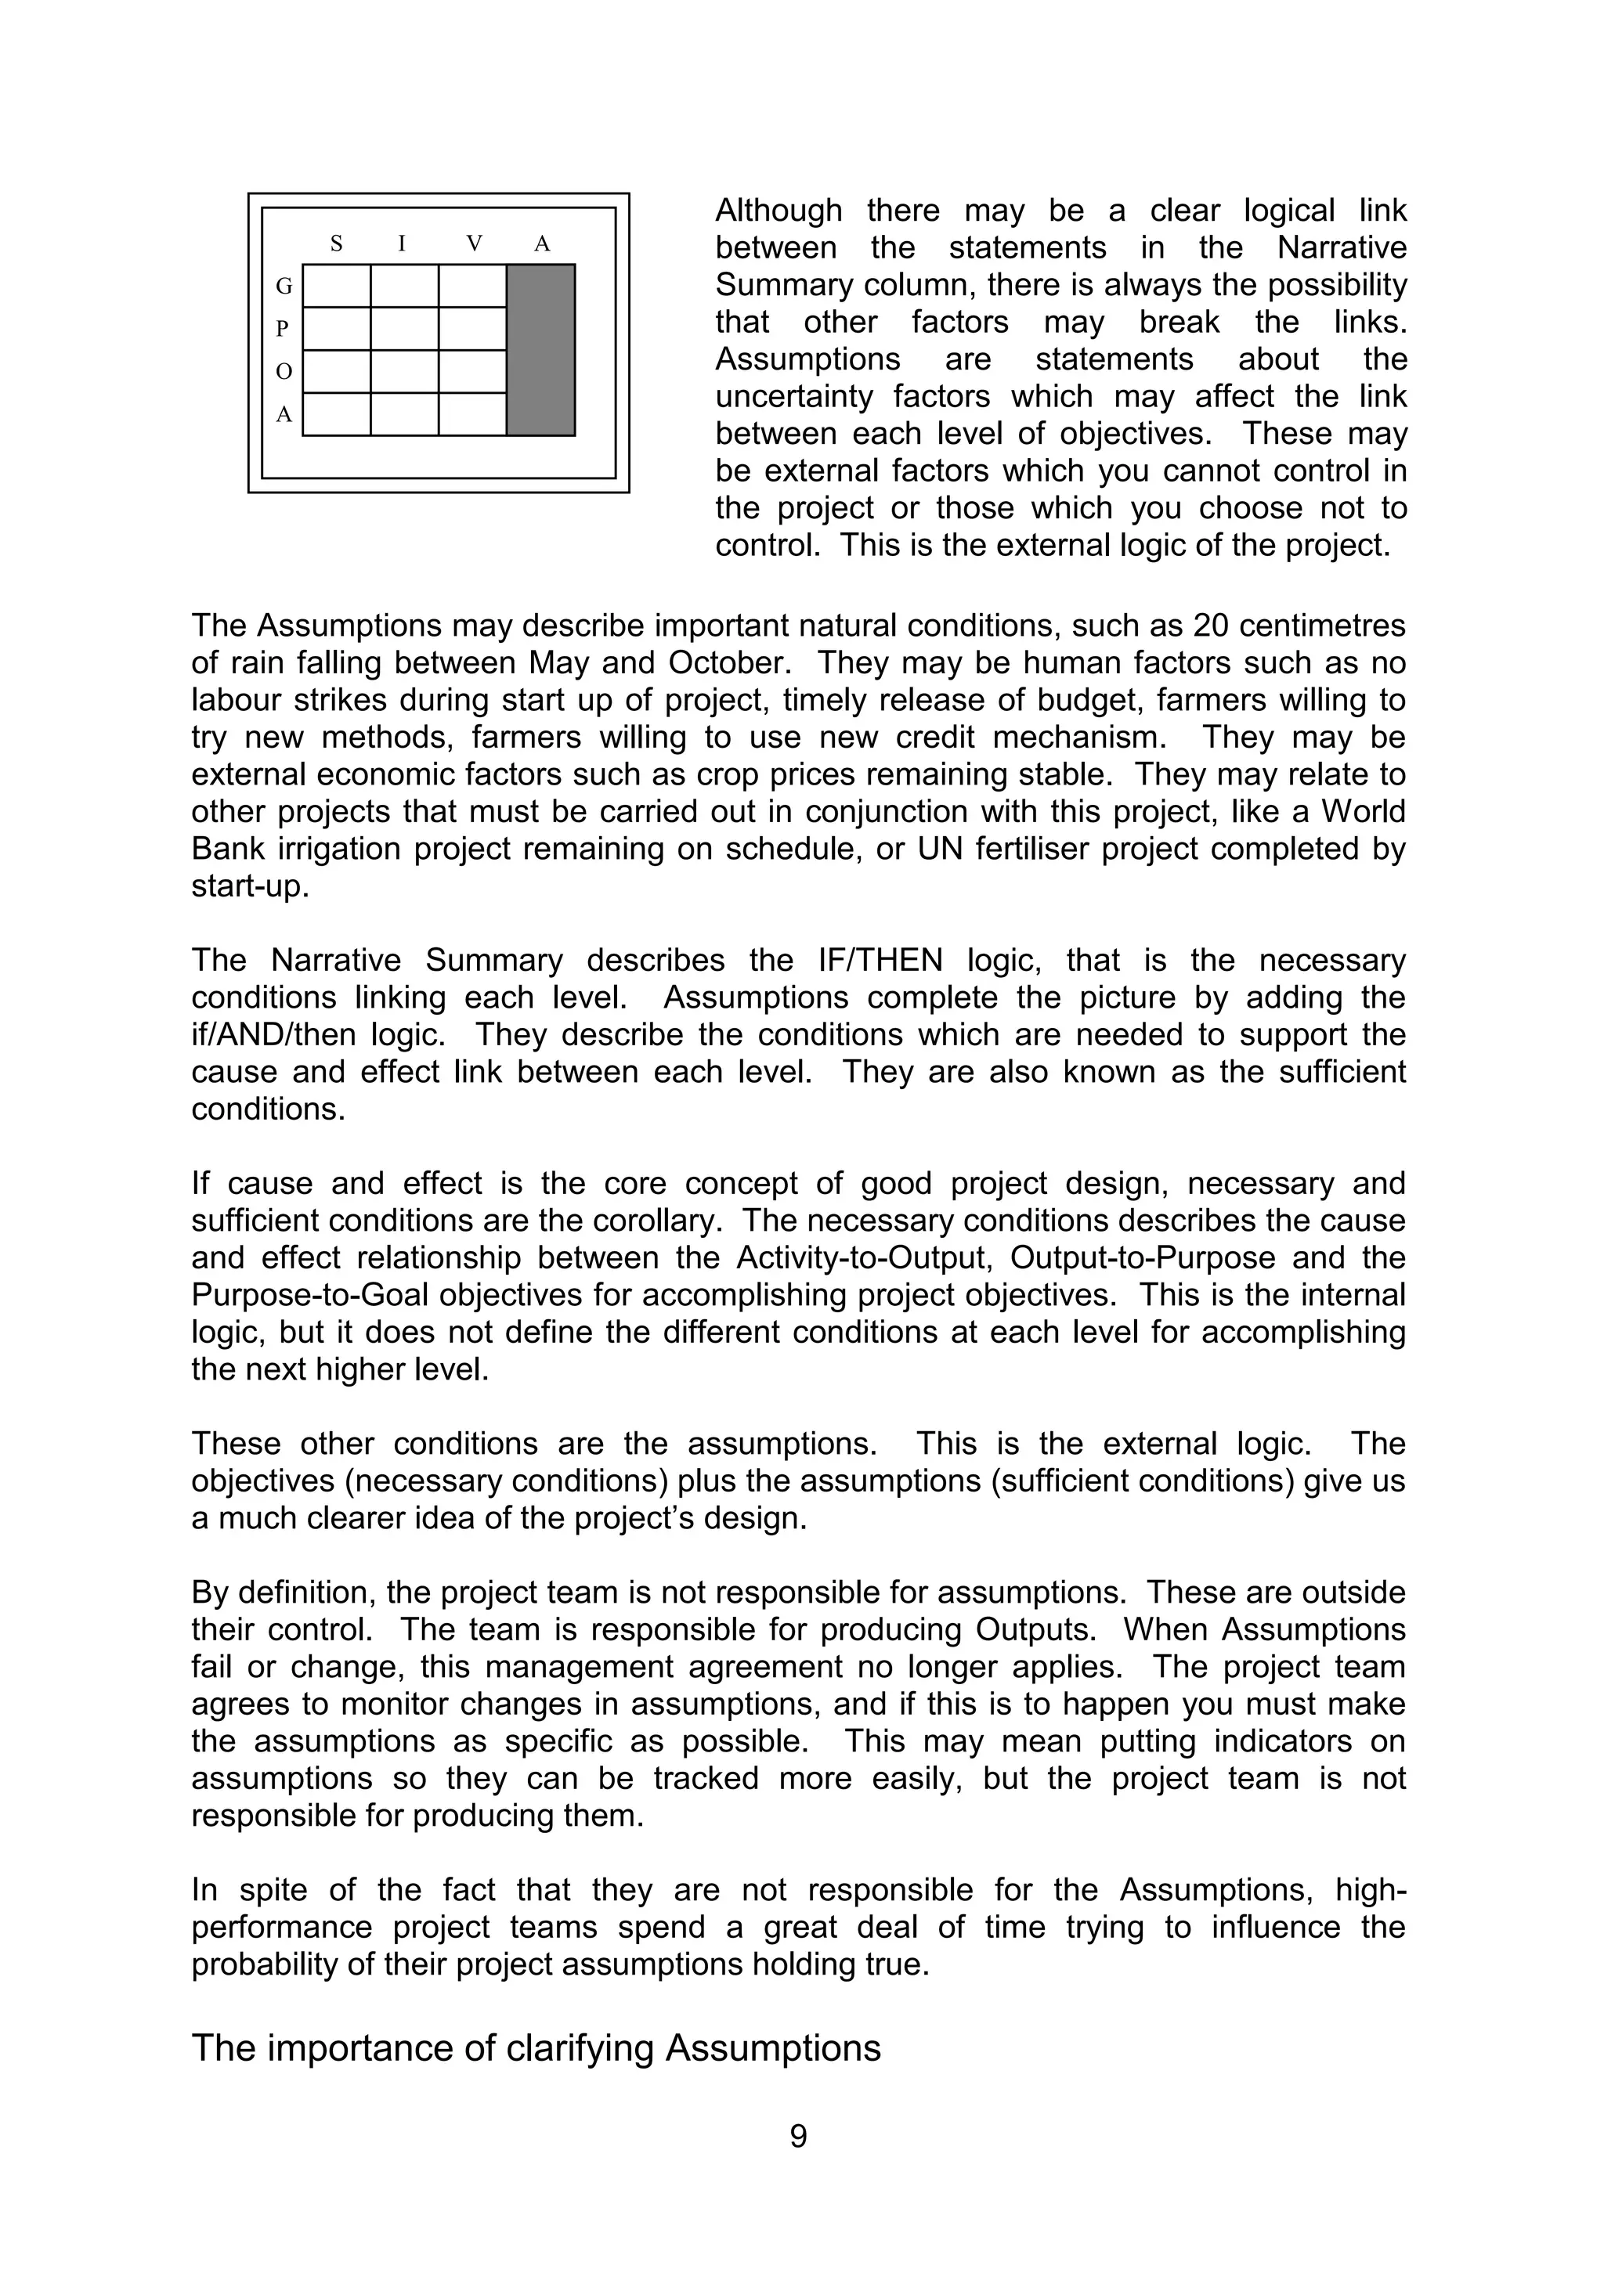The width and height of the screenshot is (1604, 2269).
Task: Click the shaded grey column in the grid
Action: pyautogui.click(x=540, y=350)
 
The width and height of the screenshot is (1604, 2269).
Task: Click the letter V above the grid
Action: pyautogui.click(x=475, y=243)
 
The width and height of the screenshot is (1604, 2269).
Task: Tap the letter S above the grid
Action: pyautogui.click(x=336, y=243)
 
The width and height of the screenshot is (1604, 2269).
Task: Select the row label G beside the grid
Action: pyautogui.click(x=284, y=287)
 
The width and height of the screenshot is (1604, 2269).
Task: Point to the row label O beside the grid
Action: pyautogui.click(x=284, y=372)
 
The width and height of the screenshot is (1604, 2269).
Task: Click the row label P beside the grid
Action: pyautogui.click(x=284, y=329)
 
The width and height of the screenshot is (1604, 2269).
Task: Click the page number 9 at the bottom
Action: pyautogui.click(x=799, y=2137)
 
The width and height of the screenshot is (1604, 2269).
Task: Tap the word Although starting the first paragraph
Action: pyautogui.click(x=778, y=211)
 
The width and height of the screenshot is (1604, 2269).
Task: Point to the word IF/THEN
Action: pyautogui.click(x=880, y=961)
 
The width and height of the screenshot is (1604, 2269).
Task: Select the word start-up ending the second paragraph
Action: pyautogui.click(x=249, y=886)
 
